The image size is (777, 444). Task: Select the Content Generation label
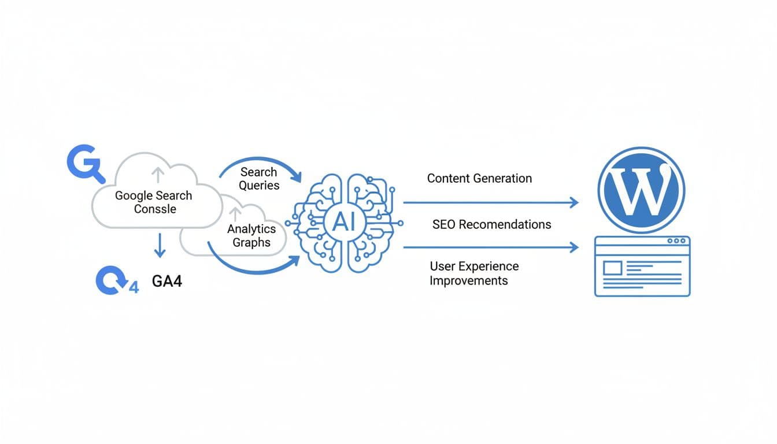coord(479,178)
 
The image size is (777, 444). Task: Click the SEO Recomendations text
coord(491,224)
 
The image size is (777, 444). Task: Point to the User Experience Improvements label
coord(473,273)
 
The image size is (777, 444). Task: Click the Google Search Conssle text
coord(153,202)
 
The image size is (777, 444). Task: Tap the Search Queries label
coord(258,179)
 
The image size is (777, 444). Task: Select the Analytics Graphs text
coord(251,236)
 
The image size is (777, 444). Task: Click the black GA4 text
coord(167,282)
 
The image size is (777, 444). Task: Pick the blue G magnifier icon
coord(84,164)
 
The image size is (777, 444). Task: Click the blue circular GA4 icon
coord(111,281)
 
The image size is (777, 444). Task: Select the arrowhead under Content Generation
coord(573,202)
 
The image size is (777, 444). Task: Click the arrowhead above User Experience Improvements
coord(573,247)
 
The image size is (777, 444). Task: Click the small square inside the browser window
coord(612,268)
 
